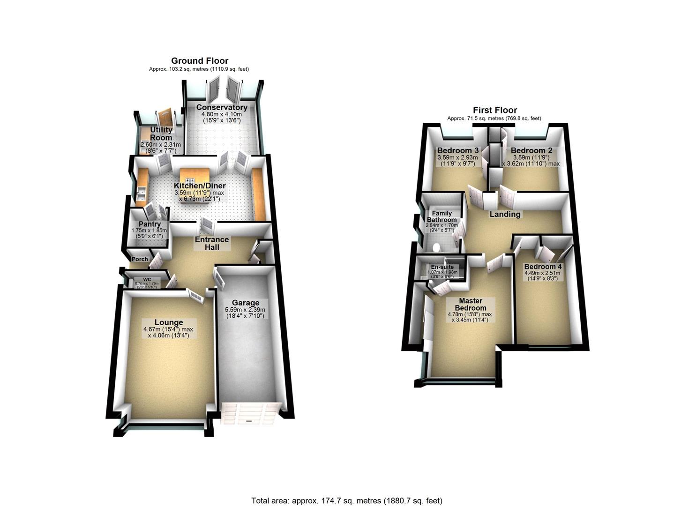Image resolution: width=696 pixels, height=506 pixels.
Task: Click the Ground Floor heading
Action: [200, 61]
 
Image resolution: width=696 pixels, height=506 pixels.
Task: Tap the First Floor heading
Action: [494, 110]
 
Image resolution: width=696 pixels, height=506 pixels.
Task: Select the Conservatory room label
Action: [222, 108]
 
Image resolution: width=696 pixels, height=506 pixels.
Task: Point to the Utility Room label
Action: [161, 134]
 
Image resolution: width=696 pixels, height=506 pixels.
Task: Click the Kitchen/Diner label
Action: [200, 186]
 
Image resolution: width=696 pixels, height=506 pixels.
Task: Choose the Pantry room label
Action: [150, 224]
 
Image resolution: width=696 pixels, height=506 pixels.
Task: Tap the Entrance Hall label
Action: [212, 243]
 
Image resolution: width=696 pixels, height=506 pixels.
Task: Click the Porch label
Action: [140, 259]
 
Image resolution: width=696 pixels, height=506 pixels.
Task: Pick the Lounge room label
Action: [169, 322]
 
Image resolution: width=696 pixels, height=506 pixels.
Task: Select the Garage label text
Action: [246, 303]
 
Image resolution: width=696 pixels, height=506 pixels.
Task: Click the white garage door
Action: [250, 413]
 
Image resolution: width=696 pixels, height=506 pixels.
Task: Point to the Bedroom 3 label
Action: [457, 151]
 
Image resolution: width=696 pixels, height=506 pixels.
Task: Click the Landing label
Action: [505, 214]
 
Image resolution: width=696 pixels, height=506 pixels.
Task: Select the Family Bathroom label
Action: [441, 216]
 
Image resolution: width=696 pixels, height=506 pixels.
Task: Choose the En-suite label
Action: [442, 267]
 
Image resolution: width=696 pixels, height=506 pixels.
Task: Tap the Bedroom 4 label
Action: [543, 267]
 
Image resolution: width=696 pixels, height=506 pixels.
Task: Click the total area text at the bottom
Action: [347, 500]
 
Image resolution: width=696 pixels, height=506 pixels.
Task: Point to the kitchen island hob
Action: [190, 180]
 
